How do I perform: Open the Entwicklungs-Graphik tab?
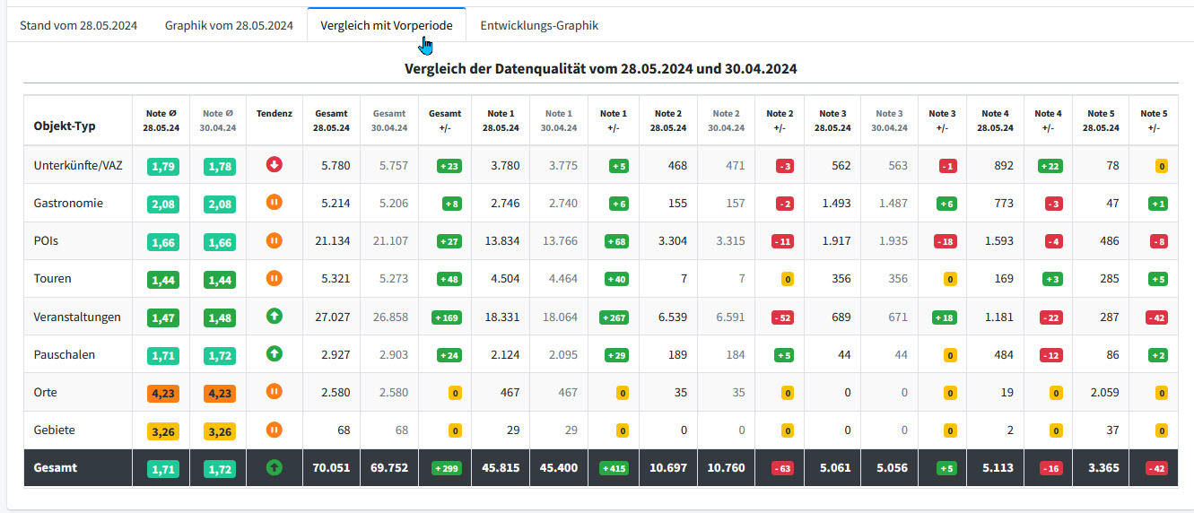[x=539, y=26]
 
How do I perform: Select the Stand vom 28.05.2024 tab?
[x=78, y=26]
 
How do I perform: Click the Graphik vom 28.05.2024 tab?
[x=229, y=26]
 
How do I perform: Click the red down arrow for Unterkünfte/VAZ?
[x=274, y=165]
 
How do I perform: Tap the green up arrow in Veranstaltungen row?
[x=274, y=316]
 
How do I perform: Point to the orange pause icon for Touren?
[x=274, y=278]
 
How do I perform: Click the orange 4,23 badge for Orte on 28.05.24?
[x=163, y=393]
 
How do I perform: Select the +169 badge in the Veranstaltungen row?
[x=447, y=317]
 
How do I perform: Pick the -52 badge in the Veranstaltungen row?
[x=782, y=317]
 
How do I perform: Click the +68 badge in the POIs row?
[x=616, y=241]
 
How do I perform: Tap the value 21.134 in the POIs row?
[x=333, y=240]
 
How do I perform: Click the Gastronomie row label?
[x=68, y=203]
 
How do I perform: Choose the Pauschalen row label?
[x=65, y=355]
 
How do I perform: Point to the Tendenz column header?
[x=274, y=114]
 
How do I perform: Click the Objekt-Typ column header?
[x=65, y=126]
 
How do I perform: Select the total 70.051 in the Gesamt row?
[x=331, y=468]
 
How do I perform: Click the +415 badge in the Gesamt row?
[x=614, y=469]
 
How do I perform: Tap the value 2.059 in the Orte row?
[x=1104, y=393]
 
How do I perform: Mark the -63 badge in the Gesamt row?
[x=782, y=469]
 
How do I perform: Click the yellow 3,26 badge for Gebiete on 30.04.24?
[x=220, y=431]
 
